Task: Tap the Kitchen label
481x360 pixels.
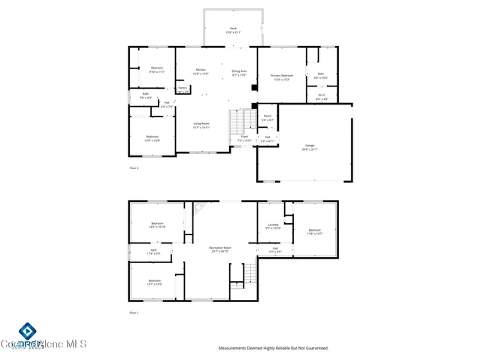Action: [x=201, y=71]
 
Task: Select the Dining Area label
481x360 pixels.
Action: [x=238, y=71]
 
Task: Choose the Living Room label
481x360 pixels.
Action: [x=201, y=126]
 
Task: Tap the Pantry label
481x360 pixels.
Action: [x=182, y=89]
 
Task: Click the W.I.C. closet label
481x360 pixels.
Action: [x=321, y=96]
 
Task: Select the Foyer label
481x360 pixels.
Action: [x=244, y=139]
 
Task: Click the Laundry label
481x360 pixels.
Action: [x=273, y=226]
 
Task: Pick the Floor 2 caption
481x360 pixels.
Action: [x=134, y=168]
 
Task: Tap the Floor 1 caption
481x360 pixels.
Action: [x=134, y=312]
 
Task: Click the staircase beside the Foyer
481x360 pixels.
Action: [x=239, y=120]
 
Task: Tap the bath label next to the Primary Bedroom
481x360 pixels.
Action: [x=321, y=75]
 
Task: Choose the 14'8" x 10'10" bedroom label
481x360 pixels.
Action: [x=157, y=224]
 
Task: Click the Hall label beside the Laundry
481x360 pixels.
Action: [x=275, y=250]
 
